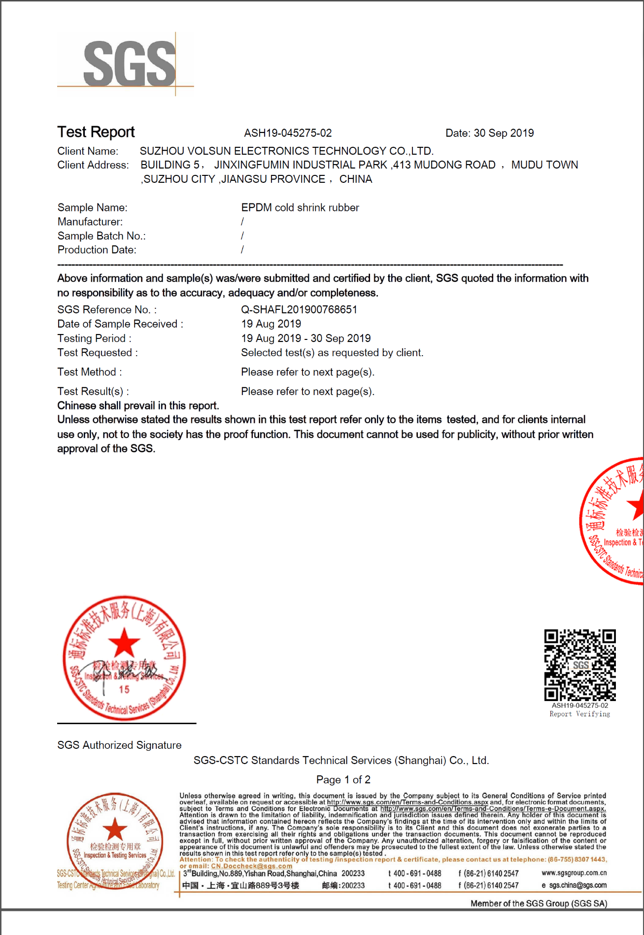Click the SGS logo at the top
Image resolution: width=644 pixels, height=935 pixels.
point(129,64)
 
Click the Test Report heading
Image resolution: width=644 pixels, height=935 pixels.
point(96,132)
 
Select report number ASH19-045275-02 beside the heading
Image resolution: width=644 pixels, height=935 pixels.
point(288,133)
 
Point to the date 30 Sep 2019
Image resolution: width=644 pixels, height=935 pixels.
point(503,133)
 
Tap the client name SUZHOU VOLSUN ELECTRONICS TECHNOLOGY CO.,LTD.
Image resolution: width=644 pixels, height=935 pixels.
point(286,151)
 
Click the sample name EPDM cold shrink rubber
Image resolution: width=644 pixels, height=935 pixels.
point(300,207)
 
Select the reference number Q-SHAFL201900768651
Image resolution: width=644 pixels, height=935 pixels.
point(299,309)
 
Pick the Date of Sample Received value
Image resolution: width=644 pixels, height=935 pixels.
point(271,324)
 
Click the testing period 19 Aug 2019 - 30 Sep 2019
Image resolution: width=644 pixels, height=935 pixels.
point(305,338)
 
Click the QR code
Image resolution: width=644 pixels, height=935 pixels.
point(580,665)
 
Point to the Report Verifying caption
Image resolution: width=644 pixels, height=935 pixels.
point(579,714)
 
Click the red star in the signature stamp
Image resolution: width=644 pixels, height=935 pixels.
point(124,642)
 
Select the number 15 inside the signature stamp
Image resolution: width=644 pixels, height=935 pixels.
point(124,690)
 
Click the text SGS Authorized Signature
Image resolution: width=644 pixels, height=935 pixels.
point(119,745)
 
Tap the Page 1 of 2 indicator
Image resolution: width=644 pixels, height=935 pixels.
point(343,779)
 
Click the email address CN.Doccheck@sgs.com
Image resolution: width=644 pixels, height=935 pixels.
point(251,866)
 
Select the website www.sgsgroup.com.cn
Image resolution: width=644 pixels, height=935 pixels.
point(574,873)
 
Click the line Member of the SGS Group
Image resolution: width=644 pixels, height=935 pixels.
point(539,903)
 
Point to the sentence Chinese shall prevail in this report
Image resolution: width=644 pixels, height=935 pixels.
point(138,405)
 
